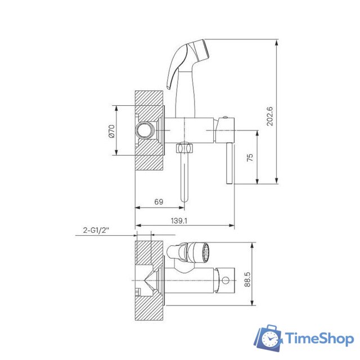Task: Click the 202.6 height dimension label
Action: click(x=270, y=116)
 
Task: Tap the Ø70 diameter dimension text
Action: click(x=111, y=131)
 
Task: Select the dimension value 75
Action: click(x=250, y=157)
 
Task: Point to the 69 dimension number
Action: click(x=159, y=202)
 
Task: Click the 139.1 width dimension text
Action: click(x=179, y=220)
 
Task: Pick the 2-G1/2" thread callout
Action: click(x=96, y=230)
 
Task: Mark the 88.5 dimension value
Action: click(x=247, y=279)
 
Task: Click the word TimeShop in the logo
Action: click(x=319, y=339)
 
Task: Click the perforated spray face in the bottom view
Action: click(x=205, y=253)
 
